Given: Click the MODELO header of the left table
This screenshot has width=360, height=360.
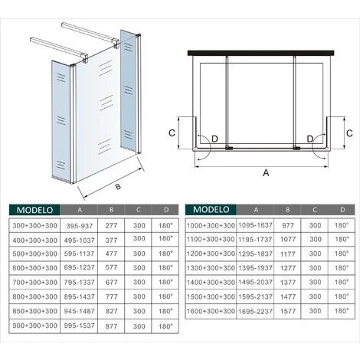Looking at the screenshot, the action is click(34, 210).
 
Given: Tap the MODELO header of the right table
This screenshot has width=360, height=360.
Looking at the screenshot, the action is click(211, 209).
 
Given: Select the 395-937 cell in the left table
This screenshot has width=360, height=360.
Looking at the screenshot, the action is click(79, 226).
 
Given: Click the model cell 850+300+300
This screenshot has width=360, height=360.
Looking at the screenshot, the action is click(34, 311).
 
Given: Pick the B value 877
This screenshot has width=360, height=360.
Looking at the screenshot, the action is click(112, 326).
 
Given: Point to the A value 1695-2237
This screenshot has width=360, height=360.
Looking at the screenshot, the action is click(255, 312).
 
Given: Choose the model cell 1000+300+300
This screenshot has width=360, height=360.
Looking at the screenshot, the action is click(211, 226).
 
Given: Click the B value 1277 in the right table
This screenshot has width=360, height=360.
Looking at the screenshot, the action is click(288, 268).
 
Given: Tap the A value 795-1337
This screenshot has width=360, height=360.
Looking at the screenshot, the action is click(79, 283).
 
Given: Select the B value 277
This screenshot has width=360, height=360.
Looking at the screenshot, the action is click(112, 226).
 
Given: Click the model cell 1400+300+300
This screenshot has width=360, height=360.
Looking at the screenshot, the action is click(211, 283).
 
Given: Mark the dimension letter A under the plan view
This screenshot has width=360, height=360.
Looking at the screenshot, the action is click(266, 173).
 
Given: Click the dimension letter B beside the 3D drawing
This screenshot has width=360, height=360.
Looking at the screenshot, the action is click(118, 187).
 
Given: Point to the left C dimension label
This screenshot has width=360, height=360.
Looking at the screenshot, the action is click(172, 133).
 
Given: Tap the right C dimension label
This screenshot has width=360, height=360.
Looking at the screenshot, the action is click(349, 133).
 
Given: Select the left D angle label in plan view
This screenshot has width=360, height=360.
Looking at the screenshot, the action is click(214, 139).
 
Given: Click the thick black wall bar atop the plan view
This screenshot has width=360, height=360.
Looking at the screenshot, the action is click(261, 53).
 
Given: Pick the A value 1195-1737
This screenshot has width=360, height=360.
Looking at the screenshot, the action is click(255, 240).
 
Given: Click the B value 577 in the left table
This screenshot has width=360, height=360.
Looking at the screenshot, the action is click(112, 267).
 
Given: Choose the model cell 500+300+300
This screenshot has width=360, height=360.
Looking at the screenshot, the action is click(34, 254).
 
